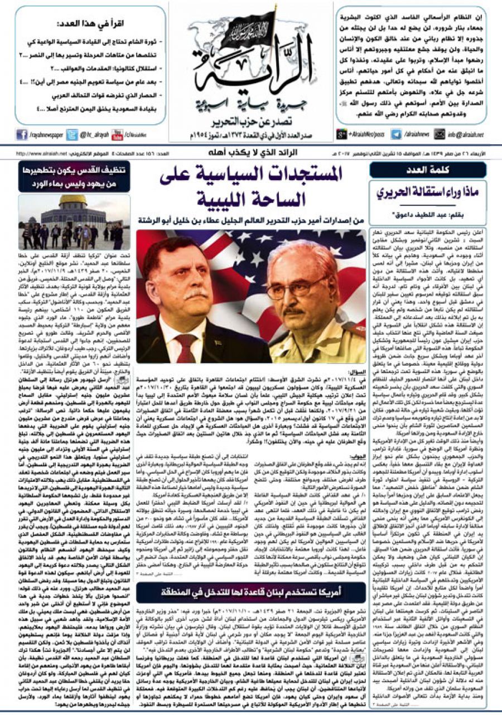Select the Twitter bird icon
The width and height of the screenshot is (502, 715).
coord(72,134)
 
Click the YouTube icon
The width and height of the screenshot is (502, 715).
coord(117,134)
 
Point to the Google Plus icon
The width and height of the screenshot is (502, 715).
coord(342,134)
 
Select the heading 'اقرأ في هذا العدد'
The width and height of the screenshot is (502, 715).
coord(91,25)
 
